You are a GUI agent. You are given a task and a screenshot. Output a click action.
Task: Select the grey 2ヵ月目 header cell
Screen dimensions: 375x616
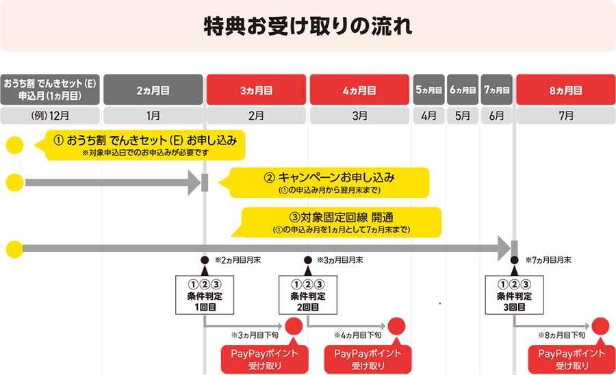point(153,90)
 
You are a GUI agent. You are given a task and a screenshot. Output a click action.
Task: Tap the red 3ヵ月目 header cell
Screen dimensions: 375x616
point(257,90)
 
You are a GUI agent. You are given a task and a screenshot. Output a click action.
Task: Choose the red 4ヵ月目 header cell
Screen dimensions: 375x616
point(359,90)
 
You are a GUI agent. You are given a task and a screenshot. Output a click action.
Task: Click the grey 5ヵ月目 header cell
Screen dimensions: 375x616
point(428,90)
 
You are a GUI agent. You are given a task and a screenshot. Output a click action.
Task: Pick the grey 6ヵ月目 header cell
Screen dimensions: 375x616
point(463,90)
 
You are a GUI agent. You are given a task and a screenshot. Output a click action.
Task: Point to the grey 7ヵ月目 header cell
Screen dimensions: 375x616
point(497,90)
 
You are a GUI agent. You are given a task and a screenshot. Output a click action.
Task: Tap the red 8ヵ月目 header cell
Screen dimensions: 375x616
point(565,90)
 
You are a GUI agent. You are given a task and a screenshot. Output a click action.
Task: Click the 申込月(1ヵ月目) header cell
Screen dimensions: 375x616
point(51,90)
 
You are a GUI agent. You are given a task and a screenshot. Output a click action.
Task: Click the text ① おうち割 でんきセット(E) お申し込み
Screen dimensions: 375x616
point(145,140)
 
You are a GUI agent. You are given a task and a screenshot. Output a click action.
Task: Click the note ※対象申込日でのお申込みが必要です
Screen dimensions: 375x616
point(145,153)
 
